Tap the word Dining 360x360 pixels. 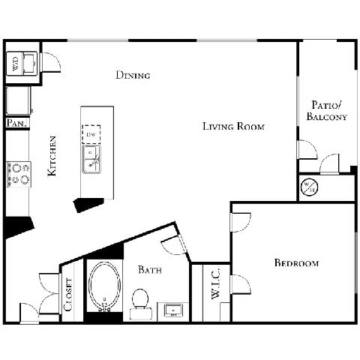[x=133, y=75]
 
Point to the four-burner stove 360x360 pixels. [x=18, y=174]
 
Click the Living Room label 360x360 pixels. [x=233, y=126]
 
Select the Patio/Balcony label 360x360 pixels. [x=326, y=111]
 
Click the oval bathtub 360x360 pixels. [x=103, y=285]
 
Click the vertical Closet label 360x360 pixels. [x=68, y=294]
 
